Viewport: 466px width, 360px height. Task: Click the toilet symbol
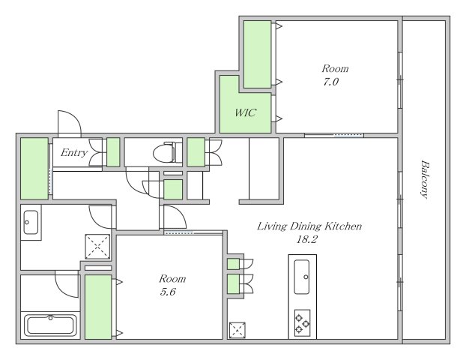coord(167,152)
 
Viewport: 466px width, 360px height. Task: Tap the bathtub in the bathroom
coord(50,325)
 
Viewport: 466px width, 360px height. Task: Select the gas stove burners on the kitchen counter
coord(302,322)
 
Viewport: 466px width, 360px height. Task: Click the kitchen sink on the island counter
coord(302,277)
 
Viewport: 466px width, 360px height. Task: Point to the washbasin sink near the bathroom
coord(31,222)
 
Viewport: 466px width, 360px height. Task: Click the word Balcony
coord(425,179)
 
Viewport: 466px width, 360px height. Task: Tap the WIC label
coord(245,112)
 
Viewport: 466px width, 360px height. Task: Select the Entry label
coord(74,153)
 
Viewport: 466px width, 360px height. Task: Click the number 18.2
coord(307,239)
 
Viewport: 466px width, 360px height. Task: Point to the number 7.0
coord(331,82)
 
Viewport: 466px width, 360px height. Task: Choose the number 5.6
coord(168,292)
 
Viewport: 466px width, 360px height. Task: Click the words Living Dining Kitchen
coord(309,226)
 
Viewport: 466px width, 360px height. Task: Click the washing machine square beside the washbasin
coord(97,247)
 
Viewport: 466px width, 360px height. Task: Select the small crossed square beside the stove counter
coord(237,330)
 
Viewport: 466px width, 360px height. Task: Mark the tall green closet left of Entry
coord(34,169)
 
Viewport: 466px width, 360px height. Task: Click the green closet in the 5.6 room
coord(98,307)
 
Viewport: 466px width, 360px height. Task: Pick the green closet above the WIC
coord(258,55)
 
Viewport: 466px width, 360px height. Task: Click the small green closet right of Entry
coord(113,152)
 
